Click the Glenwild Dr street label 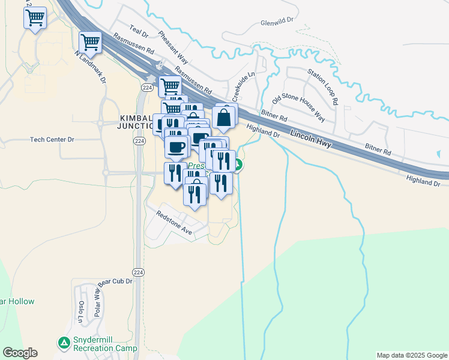click(x=277, y=20)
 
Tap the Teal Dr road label click(x=139, y=29)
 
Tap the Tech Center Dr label click(x=52, y=139)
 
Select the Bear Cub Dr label click(x=115, y=281)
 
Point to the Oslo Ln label click(x=81, y=311)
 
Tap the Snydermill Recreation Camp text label click(x=105, y=344)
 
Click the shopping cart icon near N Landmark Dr click(x=90, y=42)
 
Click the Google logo click(x=20, y=353)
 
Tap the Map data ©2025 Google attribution click(x=412, y=355)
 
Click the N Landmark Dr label click(x=90, y=67)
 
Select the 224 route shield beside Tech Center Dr click(x=139, y=141)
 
